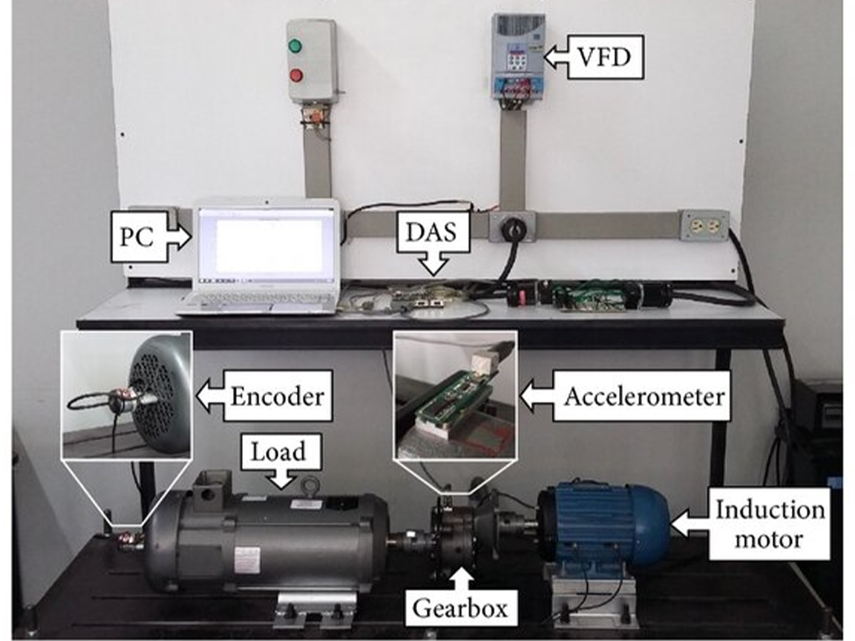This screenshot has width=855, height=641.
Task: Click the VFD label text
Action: (605, 56)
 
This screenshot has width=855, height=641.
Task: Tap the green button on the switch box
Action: (296, 46)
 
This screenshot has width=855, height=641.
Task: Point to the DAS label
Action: (436, 234)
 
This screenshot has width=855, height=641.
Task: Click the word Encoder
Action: (277, 397)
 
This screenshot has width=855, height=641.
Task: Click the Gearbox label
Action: (460, 608)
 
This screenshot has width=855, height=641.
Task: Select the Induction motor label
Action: (769, 523)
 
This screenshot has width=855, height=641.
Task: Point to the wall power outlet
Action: (704, 226)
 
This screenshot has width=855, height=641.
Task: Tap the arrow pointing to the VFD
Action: (557, 56)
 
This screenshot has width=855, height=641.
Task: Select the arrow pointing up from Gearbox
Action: (461, 579)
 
